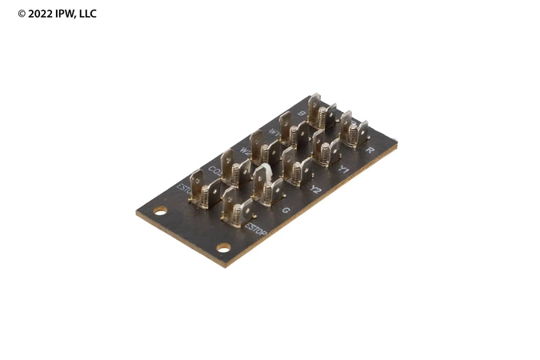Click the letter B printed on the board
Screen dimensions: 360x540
302,114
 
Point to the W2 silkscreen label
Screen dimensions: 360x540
245,150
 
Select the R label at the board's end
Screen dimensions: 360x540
370,150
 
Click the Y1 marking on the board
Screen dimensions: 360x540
344,170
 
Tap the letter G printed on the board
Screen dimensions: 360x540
286,210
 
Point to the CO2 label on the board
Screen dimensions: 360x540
214,170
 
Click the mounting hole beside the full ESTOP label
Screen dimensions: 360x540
223,247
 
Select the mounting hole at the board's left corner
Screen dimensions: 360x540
160,211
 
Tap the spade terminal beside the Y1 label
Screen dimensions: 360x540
326,150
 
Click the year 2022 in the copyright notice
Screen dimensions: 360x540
41,14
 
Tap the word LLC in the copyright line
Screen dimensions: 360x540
86,14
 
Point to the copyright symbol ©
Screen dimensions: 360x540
22,14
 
